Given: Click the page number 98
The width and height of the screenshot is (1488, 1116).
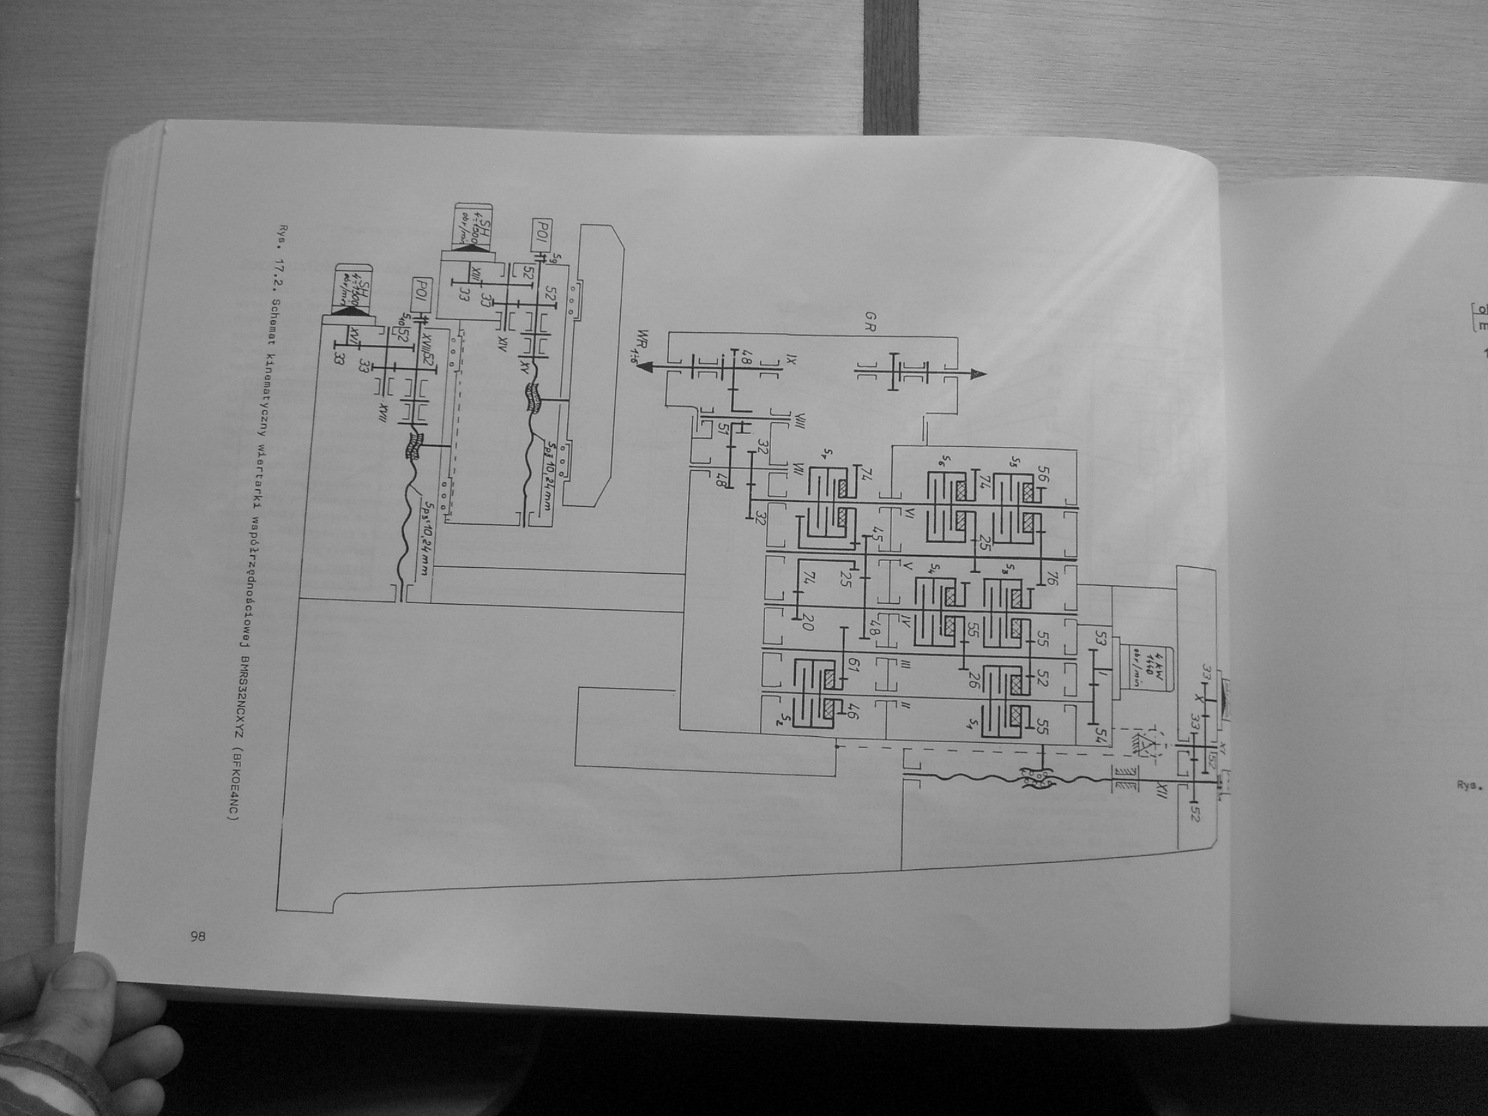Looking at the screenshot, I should click(197, 937).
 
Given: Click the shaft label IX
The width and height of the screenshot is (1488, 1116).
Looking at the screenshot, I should click(790, 343).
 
